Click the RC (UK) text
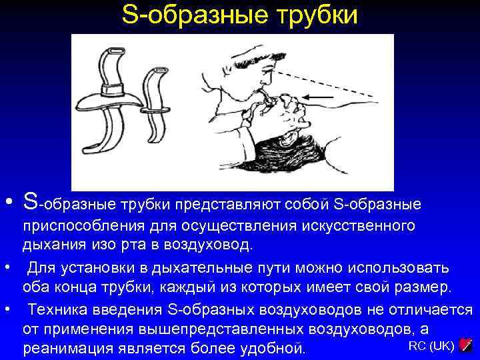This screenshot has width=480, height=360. point(431,345)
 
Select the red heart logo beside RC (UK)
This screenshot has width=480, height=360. point(466,345)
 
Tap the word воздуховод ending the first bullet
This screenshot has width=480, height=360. point(213,245)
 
